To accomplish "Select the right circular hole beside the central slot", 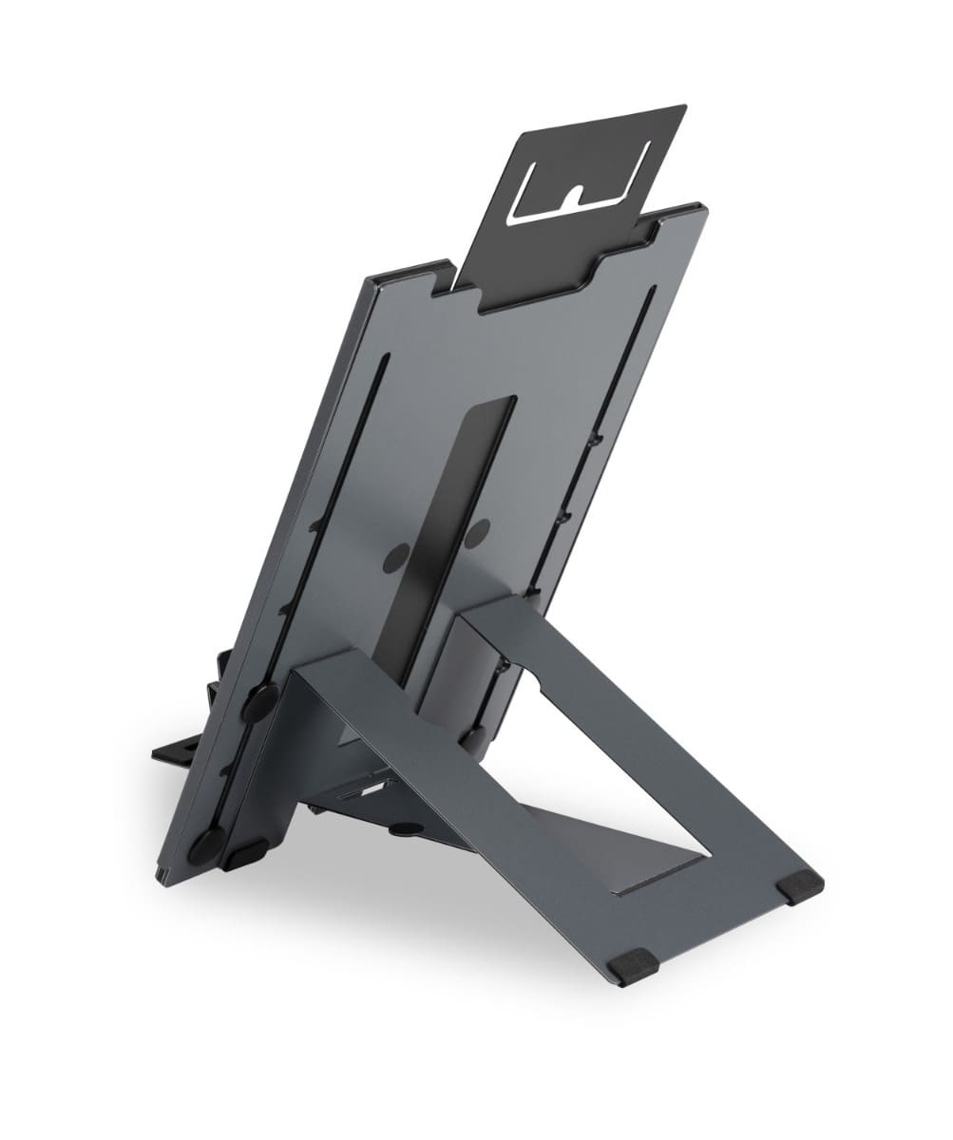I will coord(478,533).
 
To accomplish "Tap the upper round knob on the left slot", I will coord(258,701).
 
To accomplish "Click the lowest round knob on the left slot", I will coord(207,844).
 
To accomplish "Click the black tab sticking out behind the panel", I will coord(181,750).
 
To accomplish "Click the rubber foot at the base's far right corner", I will coord(799,884).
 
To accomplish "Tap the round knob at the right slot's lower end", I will coord(475,736).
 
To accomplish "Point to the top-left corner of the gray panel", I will coord(369,278).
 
